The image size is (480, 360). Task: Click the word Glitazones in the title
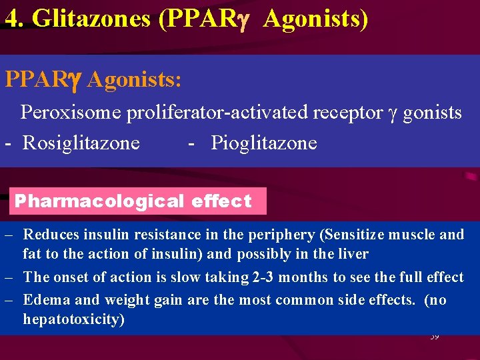click(91, 19)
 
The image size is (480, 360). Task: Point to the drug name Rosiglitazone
click(81, 143)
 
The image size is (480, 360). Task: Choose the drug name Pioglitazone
click(264, 143)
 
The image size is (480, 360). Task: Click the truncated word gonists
click(432, 113)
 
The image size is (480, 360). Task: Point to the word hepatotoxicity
click(73, 319)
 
